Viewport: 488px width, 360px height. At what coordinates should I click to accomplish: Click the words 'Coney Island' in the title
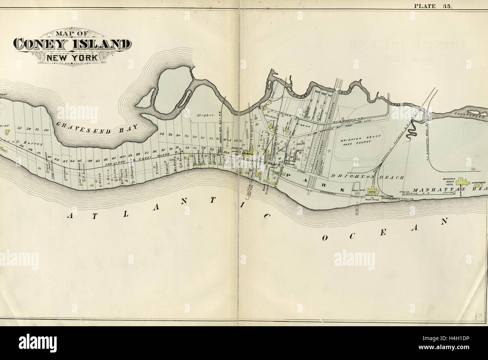(70, 44)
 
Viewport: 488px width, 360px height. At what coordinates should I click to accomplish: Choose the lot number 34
(162, 134)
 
